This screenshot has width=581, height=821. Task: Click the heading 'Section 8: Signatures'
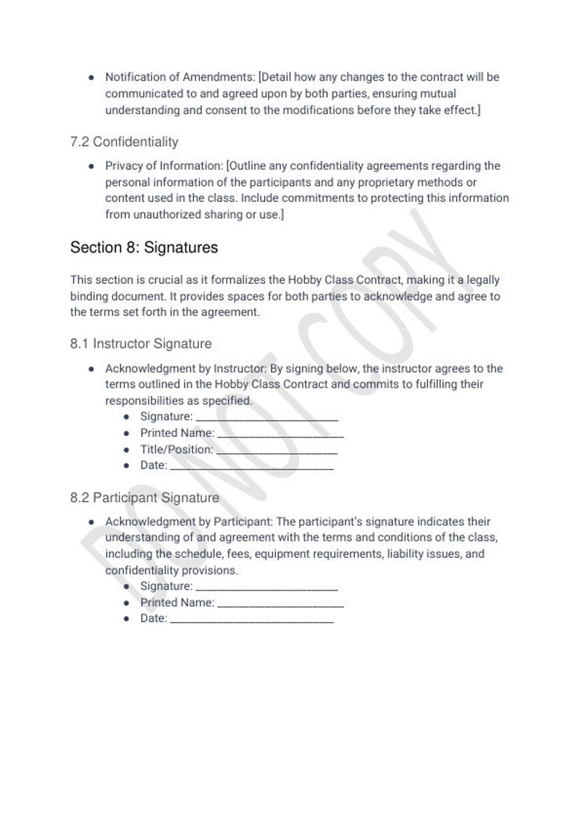[143, 247]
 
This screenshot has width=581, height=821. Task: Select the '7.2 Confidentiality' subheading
[124, 141]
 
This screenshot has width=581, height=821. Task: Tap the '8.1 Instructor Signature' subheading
[140, 343]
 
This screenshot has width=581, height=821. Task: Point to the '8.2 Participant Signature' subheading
[144, 498]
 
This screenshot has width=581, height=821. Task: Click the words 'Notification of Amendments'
[180, 77]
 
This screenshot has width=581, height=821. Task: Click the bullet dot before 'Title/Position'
[127, 450]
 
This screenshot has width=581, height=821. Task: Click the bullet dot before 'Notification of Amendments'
[91, 77]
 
